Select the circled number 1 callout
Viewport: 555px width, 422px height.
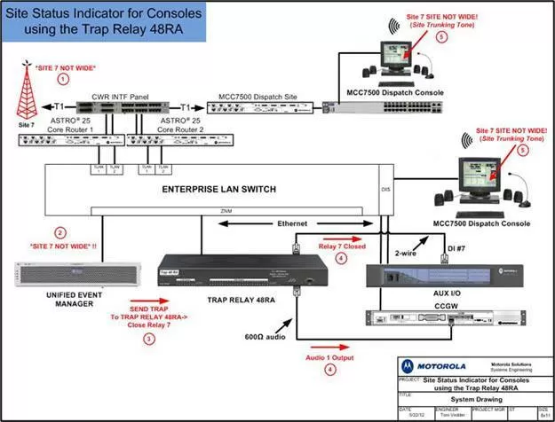point(62,78)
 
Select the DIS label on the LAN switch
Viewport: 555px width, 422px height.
point(385,188)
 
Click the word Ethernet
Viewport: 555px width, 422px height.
point(296,225)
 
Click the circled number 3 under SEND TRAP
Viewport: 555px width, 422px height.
point(150,337)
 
